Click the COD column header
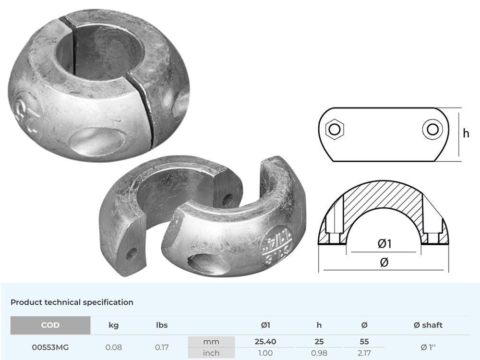[x=50, y=325]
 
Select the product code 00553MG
[x=50, y=347]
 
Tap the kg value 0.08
[x=113, y=347]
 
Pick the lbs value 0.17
[x=162, y=347]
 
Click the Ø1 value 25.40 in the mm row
[x=265, y=342]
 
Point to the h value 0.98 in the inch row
[x=319, y=353]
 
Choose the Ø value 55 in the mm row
[x=364, y=342]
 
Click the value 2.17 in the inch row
[x=364, y=353]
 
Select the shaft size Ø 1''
[x=428, y=347]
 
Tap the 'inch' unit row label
[x=211, y=353]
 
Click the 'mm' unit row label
[x=211, y=342]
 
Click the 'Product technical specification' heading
[x=72, y=302]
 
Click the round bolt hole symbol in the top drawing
[x=431, y=129]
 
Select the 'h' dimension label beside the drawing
[x=466, y=134]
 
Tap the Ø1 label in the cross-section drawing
[x=384, y=244]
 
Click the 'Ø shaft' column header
[x=428, y=325]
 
